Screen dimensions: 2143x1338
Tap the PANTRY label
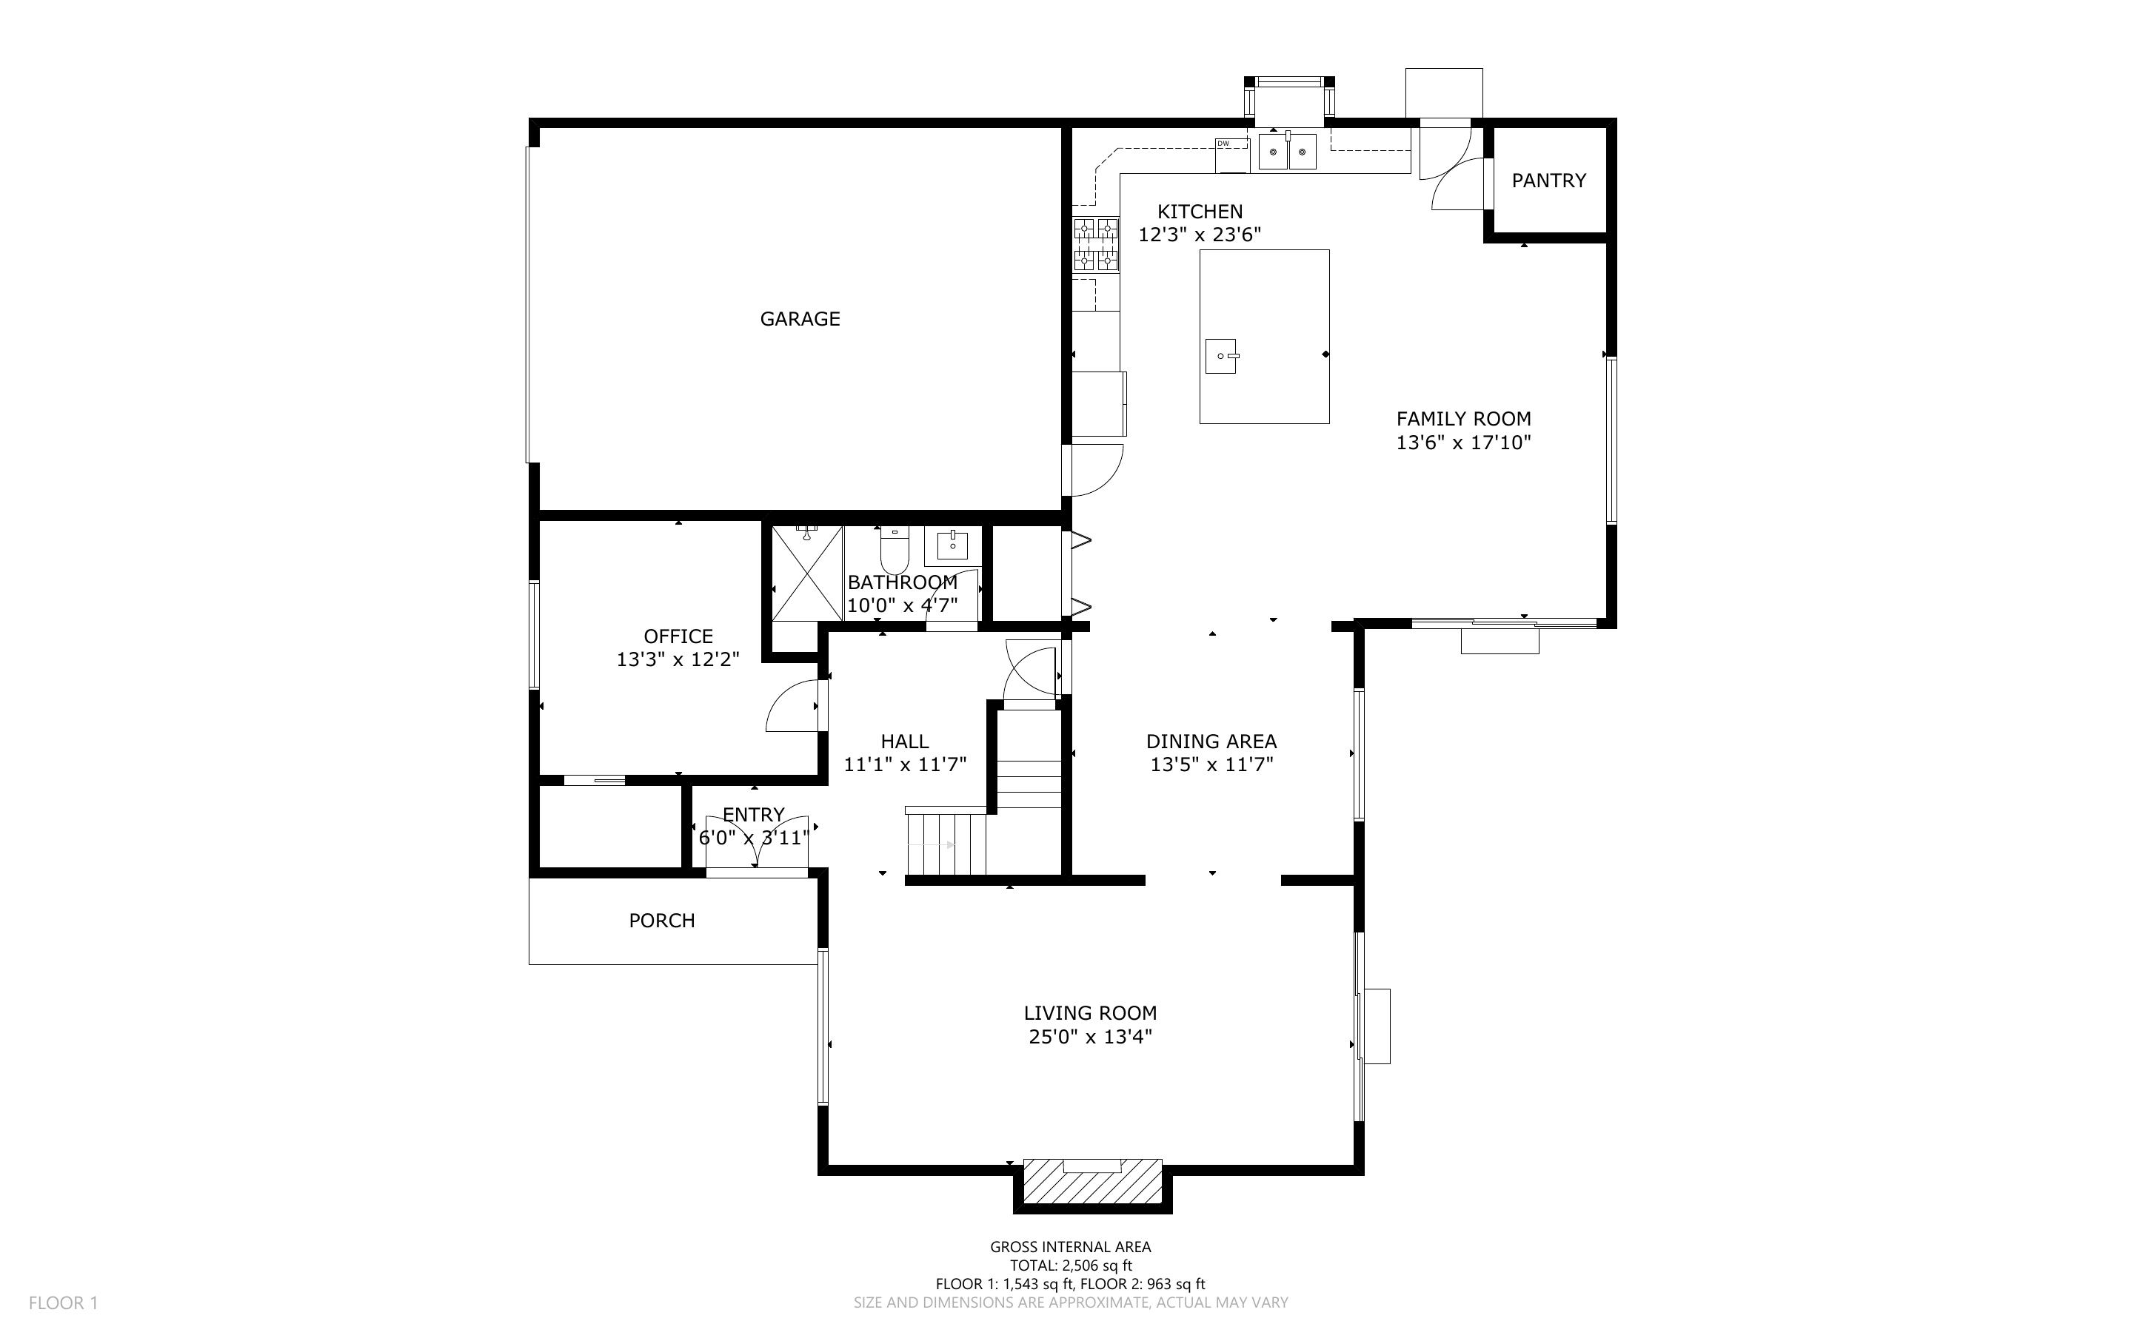pyautogui.click(x=1548, y=181)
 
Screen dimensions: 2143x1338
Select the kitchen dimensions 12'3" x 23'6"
pyautogui.click(x=1200, y=235)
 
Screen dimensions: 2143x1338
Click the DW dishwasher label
pyautogui.click(x=1223, y=144)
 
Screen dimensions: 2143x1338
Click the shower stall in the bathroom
pyautogui.click(x=806, y=574)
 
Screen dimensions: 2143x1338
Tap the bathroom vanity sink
pyautogui.click(x=952, y=545)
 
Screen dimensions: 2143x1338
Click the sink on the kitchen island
pyautogui.click(x=1222, y=356)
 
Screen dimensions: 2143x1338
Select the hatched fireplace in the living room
pyautogui.click(x=1092, y=1180)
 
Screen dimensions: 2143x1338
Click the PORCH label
pyautogui.click(x=661, y=921)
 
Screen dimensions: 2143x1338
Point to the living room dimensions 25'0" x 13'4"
pyautogui.click(x=1090, y=1036)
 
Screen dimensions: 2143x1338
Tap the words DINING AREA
pyautogui.click(x=1211, y=742)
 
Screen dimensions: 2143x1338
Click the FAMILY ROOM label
pyautogui.click(x=1463, y=420)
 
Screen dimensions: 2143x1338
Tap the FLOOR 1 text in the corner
pyautogui.click(x=63, y=1302)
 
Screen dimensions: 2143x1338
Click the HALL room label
pyautogui.click(x=905, y=742)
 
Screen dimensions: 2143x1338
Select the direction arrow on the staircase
pyautogui.click(x=929, y=845)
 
